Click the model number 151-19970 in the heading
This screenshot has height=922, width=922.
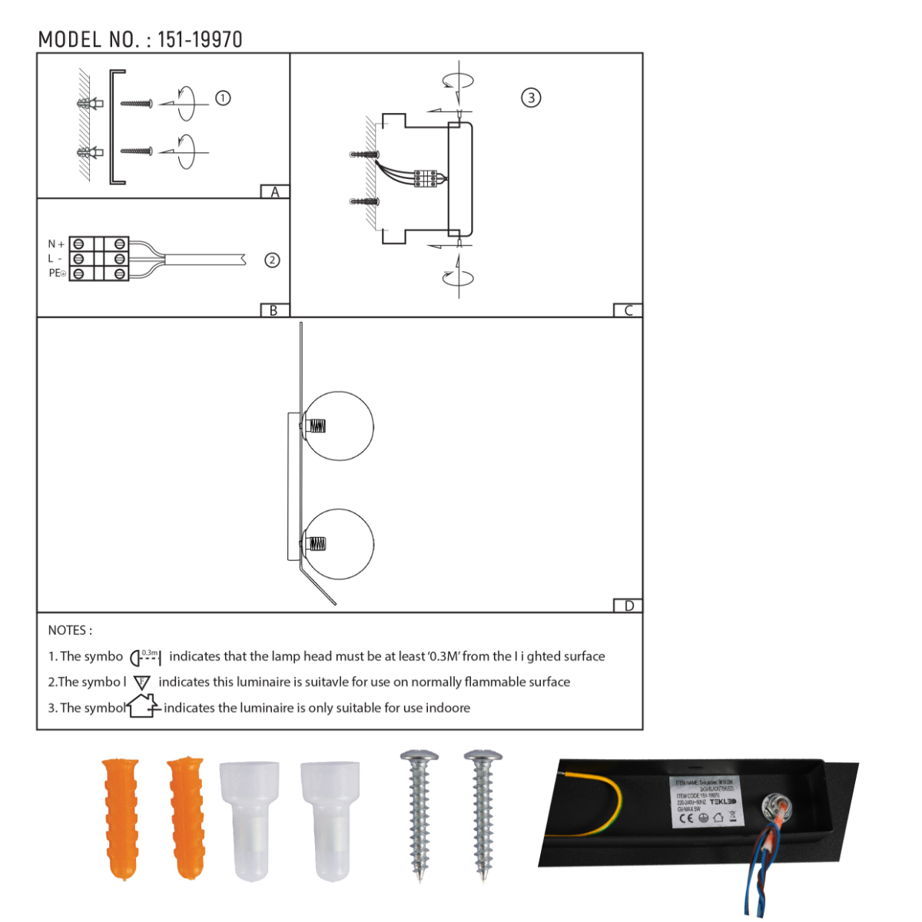pos(200,40)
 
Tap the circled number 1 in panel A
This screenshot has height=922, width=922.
pos(223,98)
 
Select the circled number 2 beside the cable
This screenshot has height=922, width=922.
pos(272,260)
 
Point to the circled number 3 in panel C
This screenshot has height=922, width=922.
pos(531,98)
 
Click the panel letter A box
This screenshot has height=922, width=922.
pos(275,192)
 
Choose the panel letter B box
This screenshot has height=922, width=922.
pos(274,310)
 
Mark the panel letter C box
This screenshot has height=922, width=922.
pos(628,310)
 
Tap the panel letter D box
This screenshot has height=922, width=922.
pos(628,606)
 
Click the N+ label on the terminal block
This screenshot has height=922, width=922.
pos(56,244)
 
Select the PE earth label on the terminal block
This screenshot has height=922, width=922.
pos(57,274)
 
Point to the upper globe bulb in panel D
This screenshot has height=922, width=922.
pos(339,426)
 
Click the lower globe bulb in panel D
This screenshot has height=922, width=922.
pos(339,544)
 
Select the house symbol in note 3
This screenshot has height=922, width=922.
pos(143,706)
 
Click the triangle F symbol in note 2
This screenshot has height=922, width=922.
pos(142,682)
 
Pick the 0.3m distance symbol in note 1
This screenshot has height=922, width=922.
pos(146,657)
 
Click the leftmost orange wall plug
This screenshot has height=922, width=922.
pos(121,818)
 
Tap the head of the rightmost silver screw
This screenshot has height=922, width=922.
pos(483,758)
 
